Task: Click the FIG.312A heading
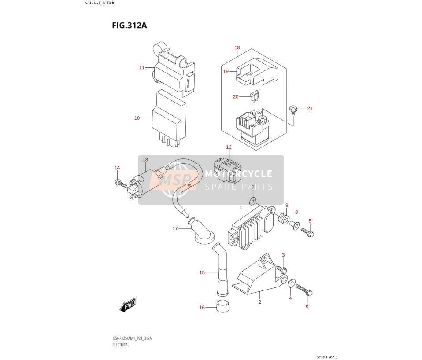coord(130,26)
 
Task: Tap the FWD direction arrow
coord(128,305)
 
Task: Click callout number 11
coord(142,67)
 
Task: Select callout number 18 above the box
coord(237,48)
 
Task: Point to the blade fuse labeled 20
coord(254,97)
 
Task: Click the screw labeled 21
coord(293,110)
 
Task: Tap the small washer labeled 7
coord(252,200)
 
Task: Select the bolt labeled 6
coord(304,290)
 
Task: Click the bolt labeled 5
coord(307,232)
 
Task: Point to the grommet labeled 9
coord(284,218)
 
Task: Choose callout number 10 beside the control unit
coord(137,118)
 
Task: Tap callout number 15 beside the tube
coord(202,272)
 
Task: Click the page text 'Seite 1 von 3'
coord(327,357)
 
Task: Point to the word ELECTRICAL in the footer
coord(121,345)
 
